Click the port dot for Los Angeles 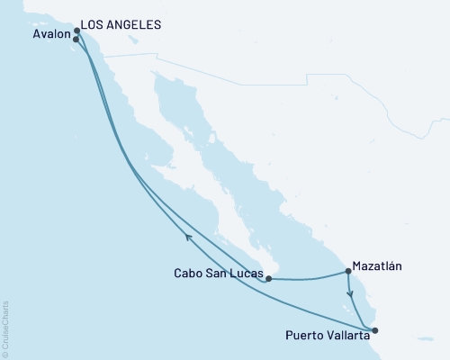click(77, 31)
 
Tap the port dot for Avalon click(76, 40)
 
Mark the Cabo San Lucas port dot click(269, 279)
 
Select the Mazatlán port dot click(347, 271)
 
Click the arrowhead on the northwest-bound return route click(188, 237)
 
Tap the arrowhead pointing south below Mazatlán click(349, 293)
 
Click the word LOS click(93, 25)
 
